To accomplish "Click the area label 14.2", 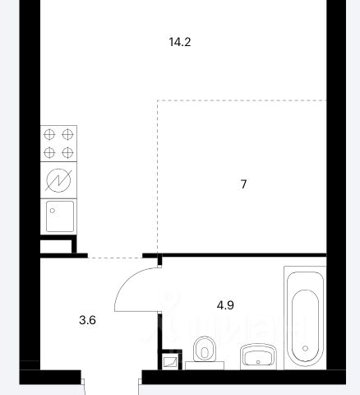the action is pos(180,42).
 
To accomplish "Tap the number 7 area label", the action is pos(243,184).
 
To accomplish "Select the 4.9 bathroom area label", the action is pos(225,305).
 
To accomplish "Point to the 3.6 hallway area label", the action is pos(87,320).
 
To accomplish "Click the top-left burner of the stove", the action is pos(49,135).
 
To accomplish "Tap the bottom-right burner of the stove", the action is pos(67,152).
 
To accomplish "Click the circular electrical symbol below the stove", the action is pos(58,180).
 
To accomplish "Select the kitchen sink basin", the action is pos(60,216).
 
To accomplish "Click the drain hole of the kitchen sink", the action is pos(53,211).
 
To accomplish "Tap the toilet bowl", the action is pos(205,349).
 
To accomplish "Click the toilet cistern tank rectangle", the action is pos(205,365).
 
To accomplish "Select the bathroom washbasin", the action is pos(258,356).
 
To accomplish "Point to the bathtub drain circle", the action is pos(305,348).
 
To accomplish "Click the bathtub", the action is pos(305,318).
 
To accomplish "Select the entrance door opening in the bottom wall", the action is pos(111,377).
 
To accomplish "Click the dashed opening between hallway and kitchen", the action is pos(115,258).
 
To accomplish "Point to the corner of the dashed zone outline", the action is pos(158,100).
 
